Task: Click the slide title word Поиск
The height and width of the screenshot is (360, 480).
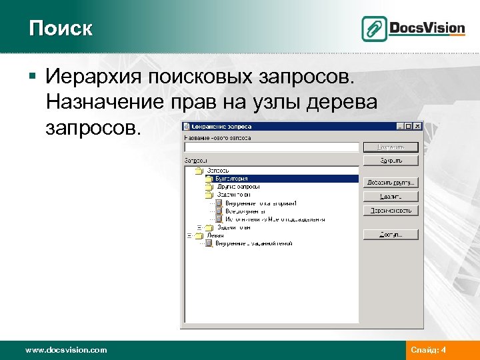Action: pyautogui.click(x=61, y=28)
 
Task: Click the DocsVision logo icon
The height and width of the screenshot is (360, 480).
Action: pyautogui.click(x=375, y=29)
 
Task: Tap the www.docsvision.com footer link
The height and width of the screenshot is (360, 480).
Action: pyautogui.click(x=65, y=349)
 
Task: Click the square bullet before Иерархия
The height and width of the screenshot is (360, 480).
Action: pyautogui.click(x=33, y=77)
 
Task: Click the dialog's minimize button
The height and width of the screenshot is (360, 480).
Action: pyautogui.click(x=401, y=126)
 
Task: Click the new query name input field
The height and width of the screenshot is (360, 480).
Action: pyautogui.click(x=272, y=147)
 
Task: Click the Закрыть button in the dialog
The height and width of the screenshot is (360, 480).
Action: pyautogui.click(x=391, y=161)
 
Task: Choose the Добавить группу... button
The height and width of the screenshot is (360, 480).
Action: pyautogui.click(x=391, y=182)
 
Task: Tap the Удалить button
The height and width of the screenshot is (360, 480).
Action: pyautogui.click(x=391, y=197)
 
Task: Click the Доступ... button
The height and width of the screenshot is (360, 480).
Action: pyautogui.click(x=391, y=235)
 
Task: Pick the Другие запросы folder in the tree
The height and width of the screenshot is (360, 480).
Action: pyautogui.click(x=237, y=187)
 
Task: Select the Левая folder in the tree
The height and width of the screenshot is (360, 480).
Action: pyautogui.click(x=215, y=235)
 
